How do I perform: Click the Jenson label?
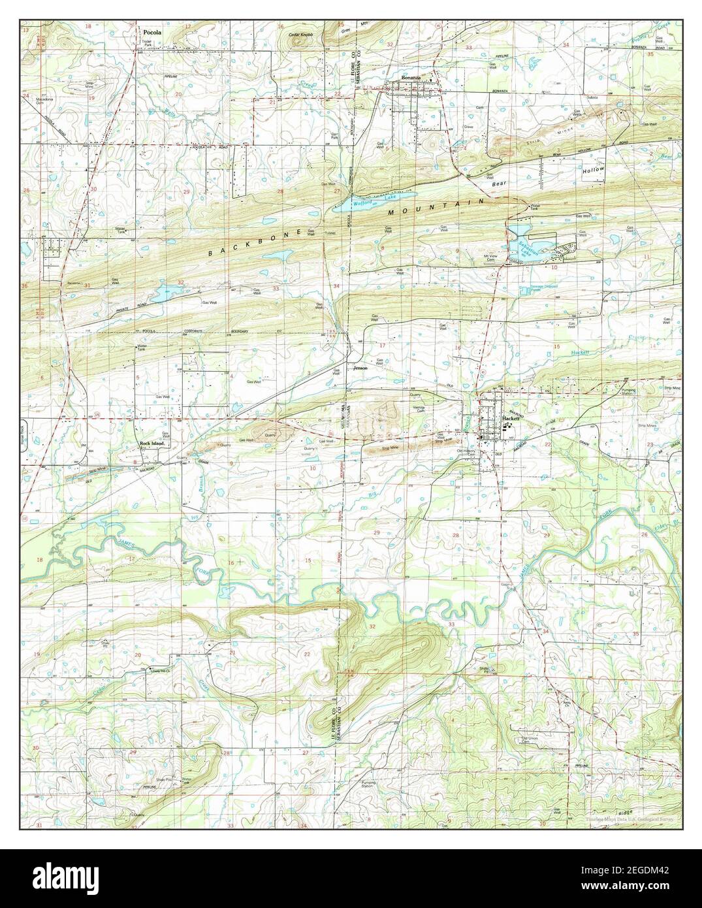[x=360, y=368]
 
